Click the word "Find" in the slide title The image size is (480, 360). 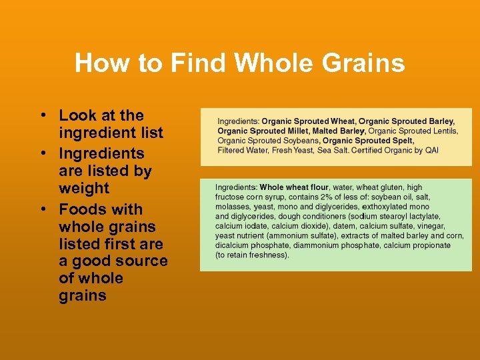click(x=198, y=63)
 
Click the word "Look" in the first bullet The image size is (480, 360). click(x=77, y=115)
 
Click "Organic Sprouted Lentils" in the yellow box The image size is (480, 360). click(x=413, y=131)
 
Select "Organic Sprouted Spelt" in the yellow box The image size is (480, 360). click(x=368, y=141)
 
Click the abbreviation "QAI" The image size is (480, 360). click(x=431, y=150)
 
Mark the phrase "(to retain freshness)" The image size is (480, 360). click(x=252, y=255)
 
